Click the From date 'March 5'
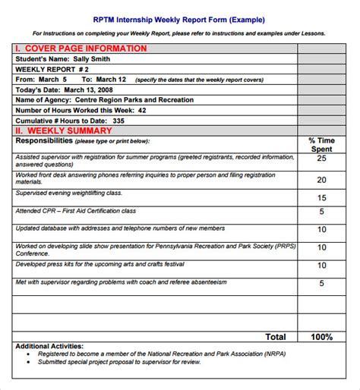[x=52, y=79]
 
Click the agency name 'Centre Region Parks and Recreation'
[x=139, y=99]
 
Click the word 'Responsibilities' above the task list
[x=45, y=140]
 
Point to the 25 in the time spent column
[x=321, y=159]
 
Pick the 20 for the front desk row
[x=321, y=180]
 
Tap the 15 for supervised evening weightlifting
[x=321, y=197]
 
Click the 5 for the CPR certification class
[x=321, y=212]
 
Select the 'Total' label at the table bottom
[x=275, y=336]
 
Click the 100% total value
[x=321, y=336]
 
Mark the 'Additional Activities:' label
[x=48, y=345]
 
